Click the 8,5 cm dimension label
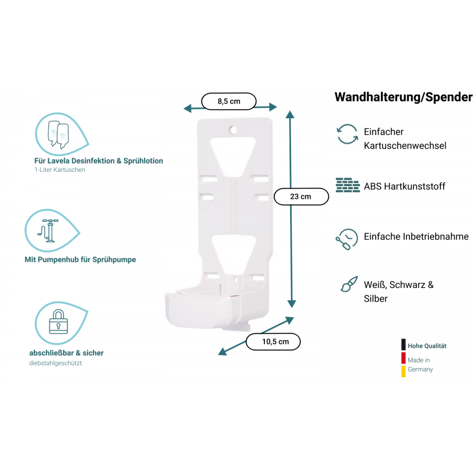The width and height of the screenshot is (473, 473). (229, 101)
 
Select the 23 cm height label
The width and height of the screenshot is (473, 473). (301, 197)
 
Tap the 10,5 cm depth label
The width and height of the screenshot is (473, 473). (273, 342)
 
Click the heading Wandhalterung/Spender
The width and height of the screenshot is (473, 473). (403, 97)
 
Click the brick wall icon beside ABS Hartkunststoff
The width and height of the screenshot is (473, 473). (347, 186)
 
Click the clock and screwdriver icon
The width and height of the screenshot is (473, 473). (346, 240)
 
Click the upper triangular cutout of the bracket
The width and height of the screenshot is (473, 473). (233, 153)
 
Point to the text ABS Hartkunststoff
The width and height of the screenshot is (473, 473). (404, 187)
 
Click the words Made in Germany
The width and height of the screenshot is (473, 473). (420, 365)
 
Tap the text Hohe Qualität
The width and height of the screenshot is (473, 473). (427, 346)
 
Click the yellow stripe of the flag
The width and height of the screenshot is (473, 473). (403, 372)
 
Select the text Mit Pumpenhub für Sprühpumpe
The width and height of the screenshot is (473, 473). (80, 260)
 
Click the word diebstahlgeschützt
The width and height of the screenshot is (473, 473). (56, 363)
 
